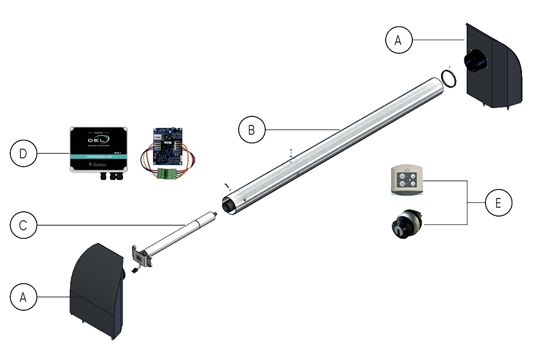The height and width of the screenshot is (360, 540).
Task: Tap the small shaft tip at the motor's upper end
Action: (214, 213)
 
